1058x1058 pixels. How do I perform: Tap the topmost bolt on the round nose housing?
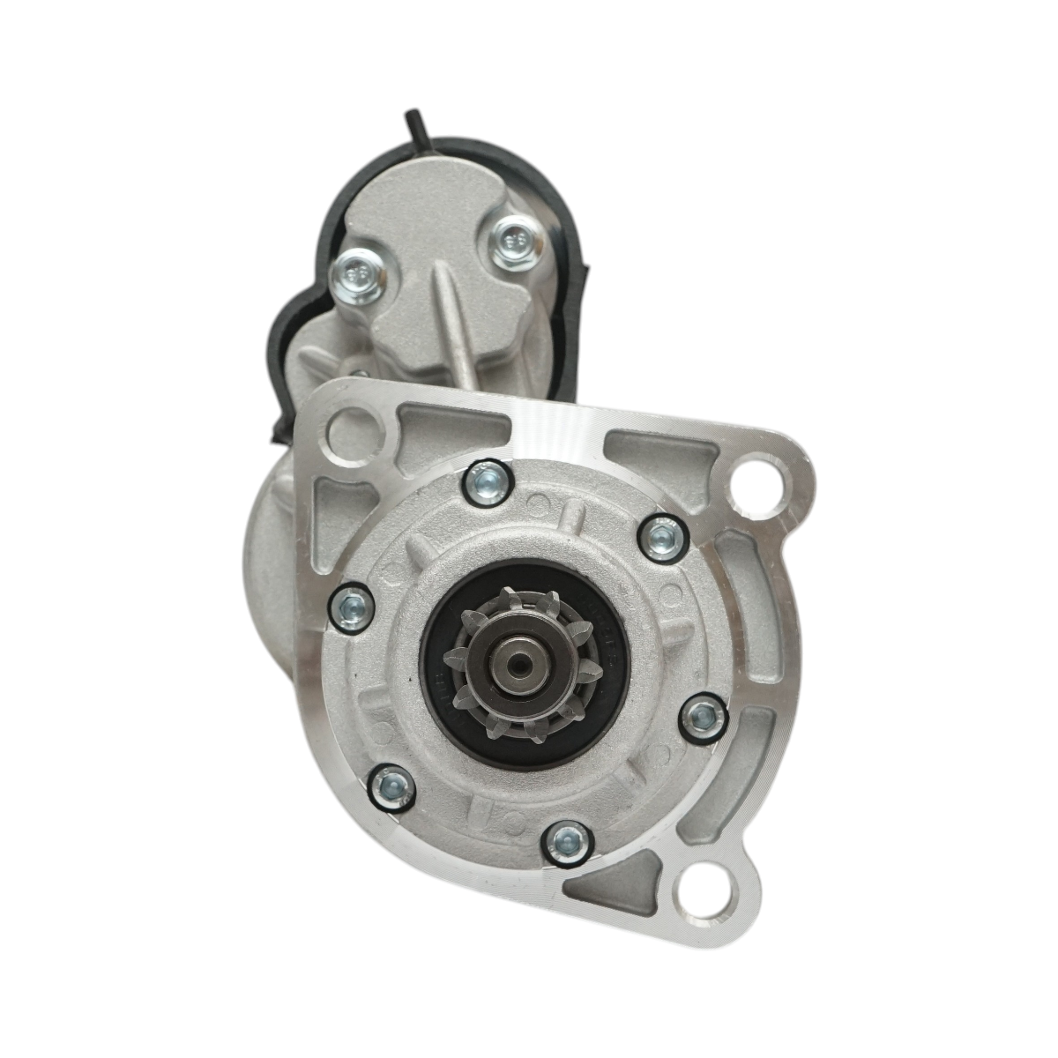[x=488, y=481]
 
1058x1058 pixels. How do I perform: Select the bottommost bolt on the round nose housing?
[x=565, y=843]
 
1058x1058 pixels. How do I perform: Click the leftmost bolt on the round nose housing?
[x=352, y=606]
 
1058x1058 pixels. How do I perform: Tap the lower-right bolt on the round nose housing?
[x=703, y=717]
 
